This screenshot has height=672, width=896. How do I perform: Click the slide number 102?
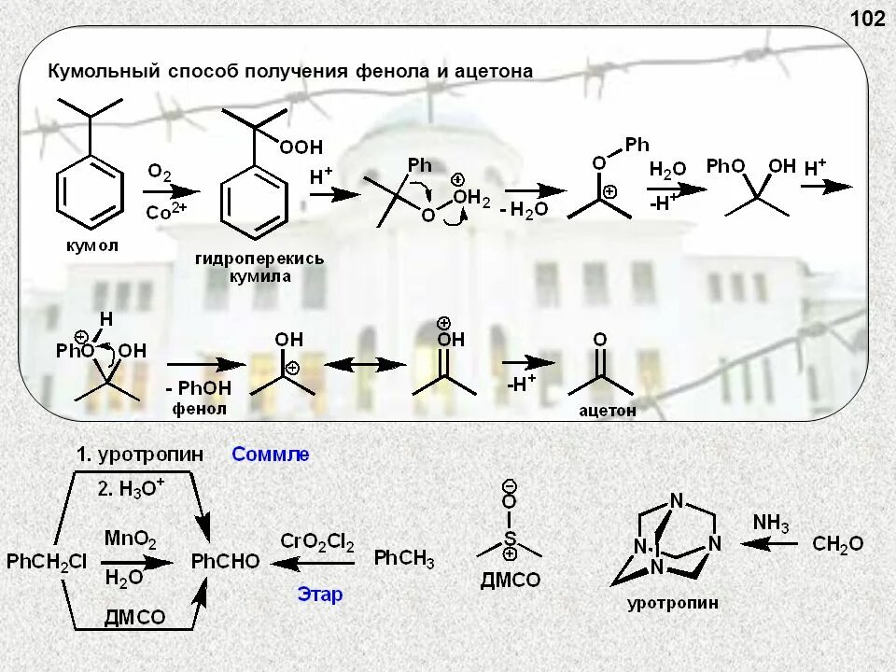pos(867,19)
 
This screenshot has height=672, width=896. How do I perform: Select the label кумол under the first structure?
pos(92,245)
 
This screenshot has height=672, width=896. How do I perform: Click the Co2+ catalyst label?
pos(166,211)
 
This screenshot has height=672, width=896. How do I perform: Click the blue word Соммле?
pos(271,455)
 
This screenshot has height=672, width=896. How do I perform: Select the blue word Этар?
pos(320,594)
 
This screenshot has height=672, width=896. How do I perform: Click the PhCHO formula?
pos(225,562)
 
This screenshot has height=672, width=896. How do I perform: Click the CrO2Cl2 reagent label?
pos(317,542)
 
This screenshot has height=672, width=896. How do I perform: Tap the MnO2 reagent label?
pos(131,539)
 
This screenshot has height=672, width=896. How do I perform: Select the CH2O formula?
pos(837,544)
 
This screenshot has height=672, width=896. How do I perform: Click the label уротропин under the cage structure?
pos(673,603)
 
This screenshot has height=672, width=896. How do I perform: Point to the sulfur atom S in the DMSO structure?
pos(510,539)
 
